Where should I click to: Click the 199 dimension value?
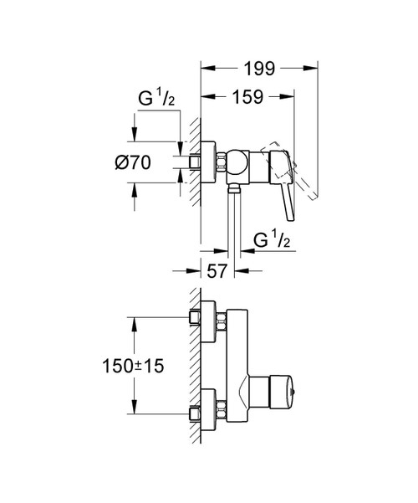(x=259, y=69)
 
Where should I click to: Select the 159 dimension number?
(x=248, y=97)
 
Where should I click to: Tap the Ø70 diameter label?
(x=133, y=162)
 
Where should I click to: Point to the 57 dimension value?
(x=217, y=271)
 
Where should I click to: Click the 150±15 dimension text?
(x=133, y=366)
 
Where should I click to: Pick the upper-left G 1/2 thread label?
(x=156, y=98)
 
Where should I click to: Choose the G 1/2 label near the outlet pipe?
(x=272, y=240)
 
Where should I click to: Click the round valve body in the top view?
(x=237, y=162)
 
